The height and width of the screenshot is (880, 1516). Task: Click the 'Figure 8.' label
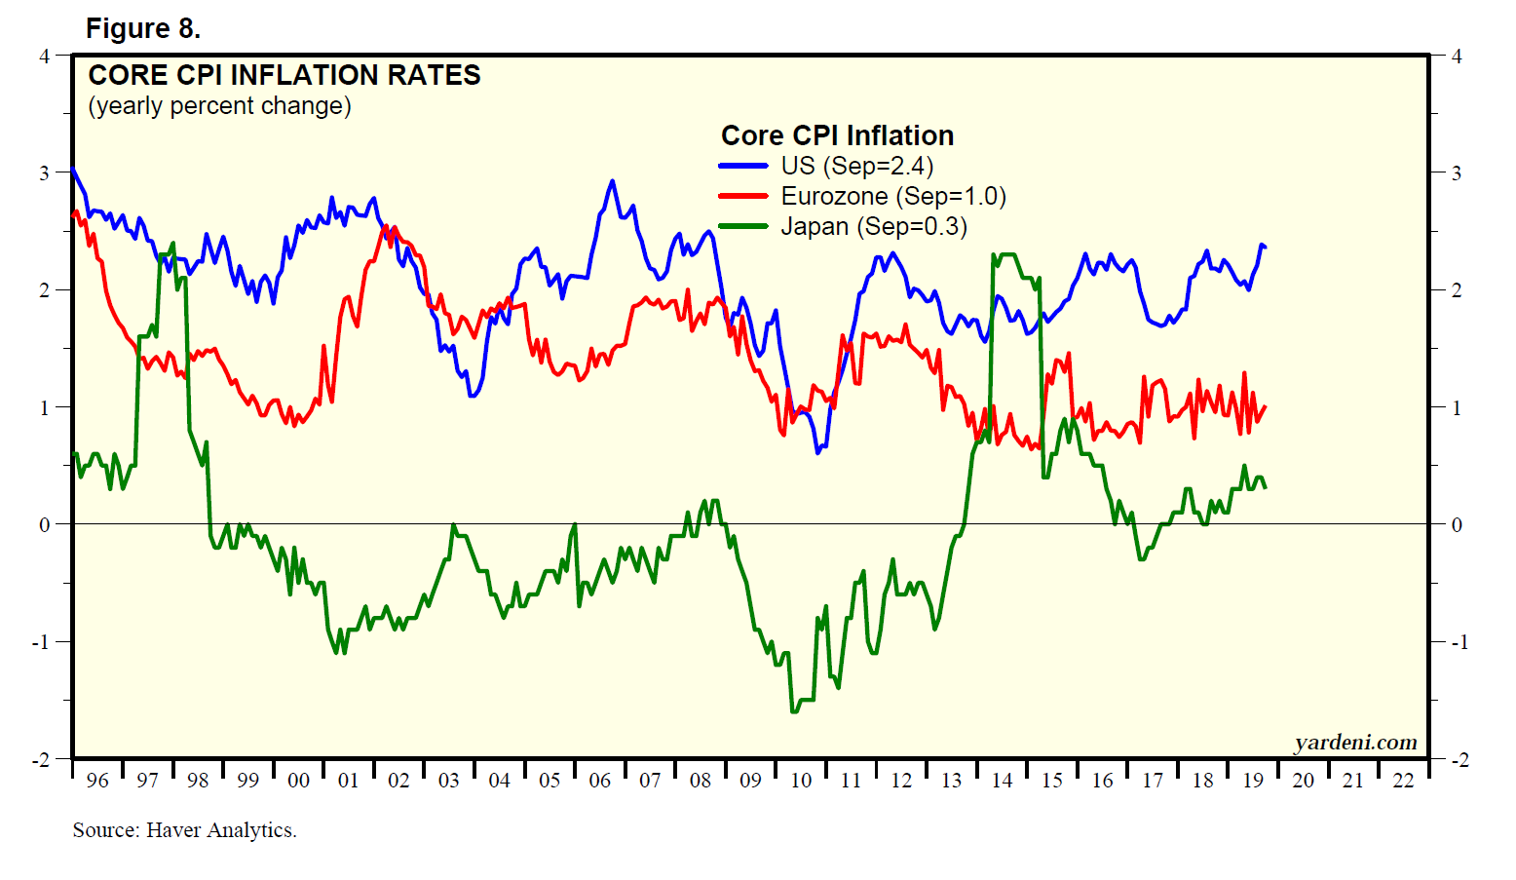point(143,29)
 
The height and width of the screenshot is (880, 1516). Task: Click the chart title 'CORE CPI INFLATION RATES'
point(284,75)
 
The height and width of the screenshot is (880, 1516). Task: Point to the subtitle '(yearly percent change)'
point(219,105)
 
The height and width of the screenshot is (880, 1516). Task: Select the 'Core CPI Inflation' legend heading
point(837,135)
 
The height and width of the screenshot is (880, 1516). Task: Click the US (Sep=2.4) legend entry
point(857,166)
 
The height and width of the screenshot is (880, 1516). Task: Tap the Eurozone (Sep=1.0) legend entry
point(893,196)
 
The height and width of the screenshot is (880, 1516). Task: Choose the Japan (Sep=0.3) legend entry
point(874,226)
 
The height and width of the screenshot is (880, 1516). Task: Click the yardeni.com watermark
point(1355,743)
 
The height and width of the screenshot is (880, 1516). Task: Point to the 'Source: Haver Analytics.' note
point(184,830)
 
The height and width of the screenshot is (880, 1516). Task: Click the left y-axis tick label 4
point(44,56)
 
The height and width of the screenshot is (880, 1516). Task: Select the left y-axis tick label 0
point(44,525)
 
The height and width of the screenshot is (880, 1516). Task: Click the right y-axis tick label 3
point(1457,173)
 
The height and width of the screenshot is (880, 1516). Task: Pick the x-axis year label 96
point(97,781)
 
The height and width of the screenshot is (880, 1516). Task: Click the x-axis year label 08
point(701,781)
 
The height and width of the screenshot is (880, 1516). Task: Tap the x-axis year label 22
point(1403,781)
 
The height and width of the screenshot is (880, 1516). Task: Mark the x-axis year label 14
point(1002,781)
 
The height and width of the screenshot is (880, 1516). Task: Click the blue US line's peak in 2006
point(612,181)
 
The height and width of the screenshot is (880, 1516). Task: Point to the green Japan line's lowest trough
point(794,711)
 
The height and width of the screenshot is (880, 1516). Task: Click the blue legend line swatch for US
point(743,166)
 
